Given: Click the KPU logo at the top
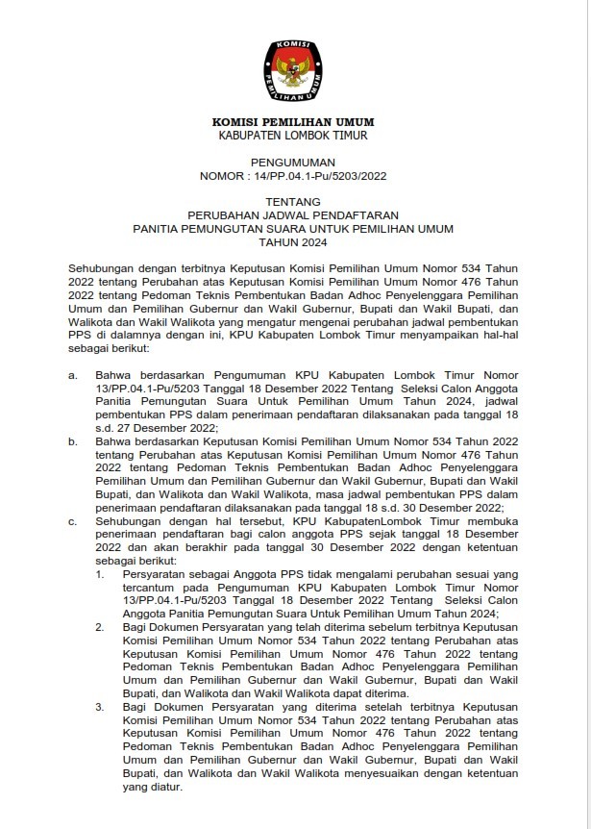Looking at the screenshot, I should (294, 69).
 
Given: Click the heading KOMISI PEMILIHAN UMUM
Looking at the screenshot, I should (293, 122).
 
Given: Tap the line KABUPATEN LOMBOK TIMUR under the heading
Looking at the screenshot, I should (293, 136).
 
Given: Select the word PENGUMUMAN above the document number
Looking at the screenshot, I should (293, 164).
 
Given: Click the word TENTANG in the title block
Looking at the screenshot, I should (293, 204).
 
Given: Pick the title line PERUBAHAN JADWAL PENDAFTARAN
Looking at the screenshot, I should (293, 217).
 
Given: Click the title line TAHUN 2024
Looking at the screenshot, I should (293, 244).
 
